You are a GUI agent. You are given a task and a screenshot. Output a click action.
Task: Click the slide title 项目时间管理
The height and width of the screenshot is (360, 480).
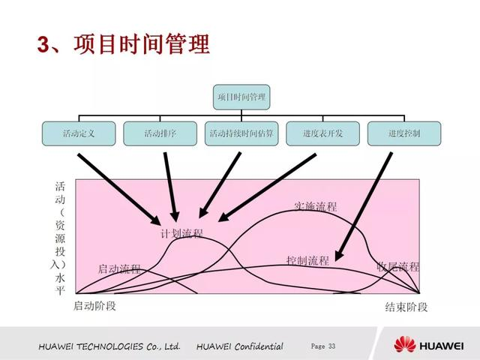pos(123,44)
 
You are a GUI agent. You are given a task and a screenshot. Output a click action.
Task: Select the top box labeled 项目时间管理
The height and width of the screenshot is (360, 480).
pos(241,97)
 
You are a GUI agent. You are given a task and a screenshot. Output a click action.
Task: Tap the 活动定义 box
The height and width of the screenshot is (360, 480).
pos(79,133)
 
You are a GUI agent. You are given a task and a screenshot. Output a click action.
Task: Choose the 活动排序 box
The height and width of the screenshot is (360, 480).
pos(160,133)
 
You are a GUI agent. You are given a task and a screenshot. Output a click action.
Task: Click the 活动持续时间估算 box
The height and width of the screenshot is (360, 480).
pos(241,133)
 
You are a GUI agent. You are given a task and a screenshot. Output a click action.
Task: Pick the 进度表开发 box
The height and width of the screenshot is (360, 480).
pos(322,133)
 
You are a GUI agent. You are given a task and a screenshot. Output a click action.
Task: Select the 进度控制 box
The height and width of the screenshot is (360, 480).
pos(404,133)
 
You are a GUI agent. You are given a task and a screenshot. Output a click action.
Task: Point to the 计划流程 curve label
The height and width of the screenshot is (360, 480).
pos(181,233)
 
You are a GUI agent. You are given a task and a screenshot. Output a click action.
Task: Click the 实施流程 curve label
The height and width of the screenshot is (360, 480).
pos(315,206)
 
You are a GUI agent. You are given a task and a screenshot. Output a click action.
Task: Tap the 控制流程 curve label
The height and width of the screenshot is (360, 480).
pos(307,261)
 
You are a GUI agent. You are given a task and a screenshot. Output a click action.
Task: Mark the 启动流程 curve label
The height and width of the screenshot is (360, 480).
pos(119,268)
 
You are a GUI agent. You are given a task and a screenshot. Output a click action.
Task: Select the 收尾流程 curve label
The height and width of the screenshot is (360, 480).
pos(398,267)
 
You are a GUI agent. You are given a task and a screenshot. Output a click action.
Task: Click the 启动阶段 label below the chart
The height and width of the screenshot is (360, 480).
pos(94,306)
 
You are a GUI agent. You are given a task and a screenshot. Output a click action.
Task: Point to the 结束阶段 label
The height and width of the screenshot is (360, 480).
pos(406,307)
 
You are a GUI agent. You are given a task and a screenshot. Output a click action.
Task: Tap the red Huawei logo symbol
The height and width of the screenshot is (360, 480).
pos(406,345)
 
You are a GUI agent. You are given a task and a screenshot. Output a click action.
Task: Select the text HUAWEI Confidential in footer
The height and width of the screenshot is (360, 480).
pos(240,346)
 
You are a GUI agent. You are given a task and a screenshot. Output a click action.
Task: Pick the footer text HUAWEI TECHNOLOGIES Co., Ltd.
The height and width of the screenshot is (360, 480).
pos(109,346)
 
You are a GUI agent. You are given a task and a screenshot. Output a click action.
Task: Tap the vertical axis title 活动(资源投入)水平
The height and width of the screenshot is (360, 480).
pos(61,236)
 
